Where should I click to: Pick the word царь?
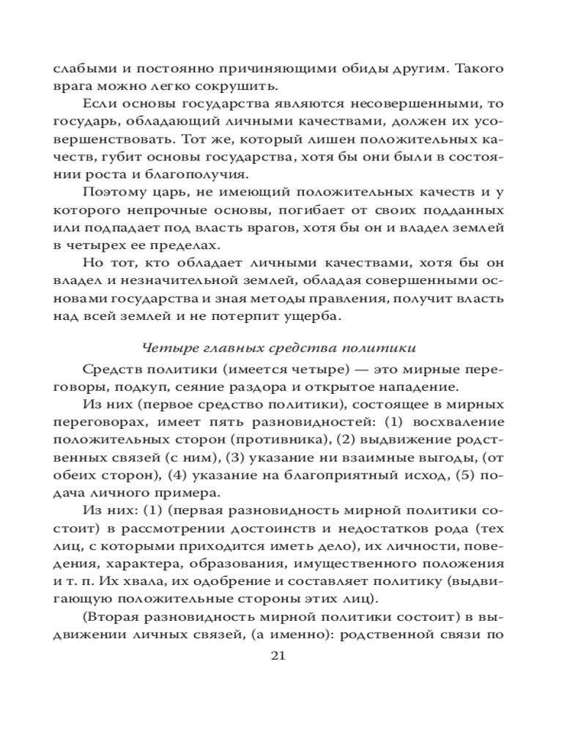[163, 193]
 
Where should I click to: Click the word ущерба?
[340, 316]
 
